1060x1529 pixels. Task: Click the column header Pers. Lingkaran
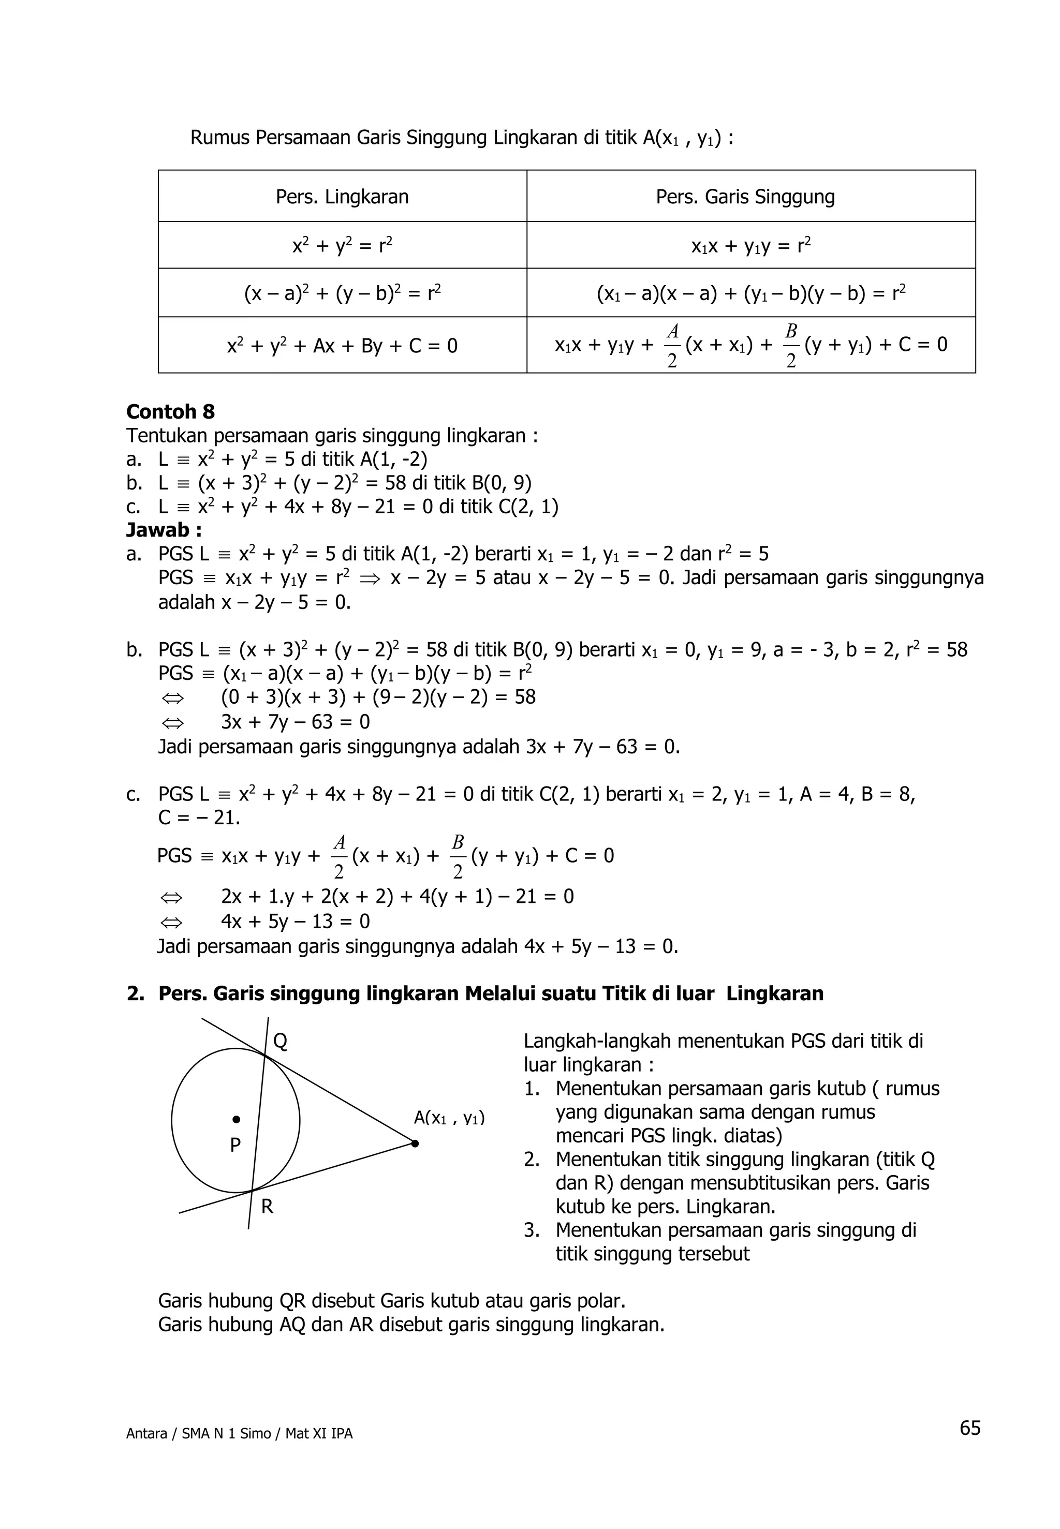click(x=342, y=197)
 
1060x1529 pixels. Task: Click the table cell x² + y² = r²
click(x=342, y=246)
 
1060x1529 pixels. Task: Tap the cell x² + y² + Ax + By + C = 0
click(x=342, y=346)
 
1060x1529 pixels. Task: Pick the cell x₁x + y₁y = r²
click(x=750, y=246)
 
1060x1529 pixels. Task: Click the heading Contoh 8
click(x=171, y=412)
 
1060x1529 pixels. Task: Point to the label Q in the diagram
click(x=281, y=1042)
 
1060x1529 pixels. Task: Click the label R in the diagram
click(x=267, y=1206)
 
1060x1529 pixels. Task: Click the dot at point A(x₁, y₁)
click(x=415, y=1144)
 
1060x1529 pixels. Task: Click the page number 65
click(x=969, y=1428)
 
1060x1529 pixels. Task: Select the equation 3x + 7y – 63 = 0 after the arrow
click(x=295, y=722)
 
